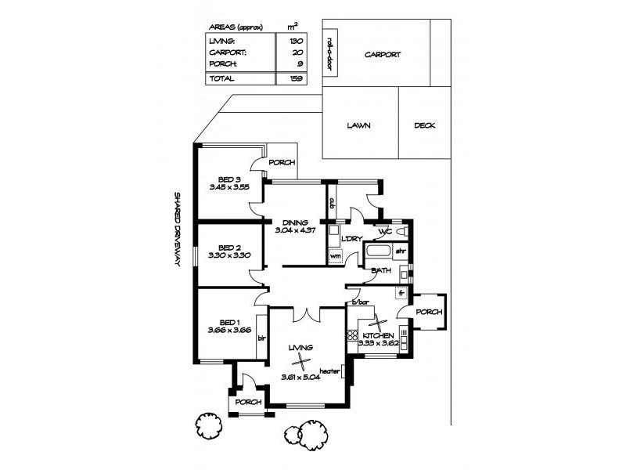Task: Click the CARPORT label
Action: click(x=383, y=55)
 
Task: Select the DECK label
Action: click(x=425, y=125)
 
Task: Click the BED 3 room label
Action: click(x=229, y=179)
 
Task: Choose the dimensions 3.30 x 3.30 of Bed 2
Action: click(x=229, y=255)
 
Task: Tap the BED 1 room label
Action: click(x=229, y=322)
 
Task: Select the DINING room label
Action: click(x=295, y=222)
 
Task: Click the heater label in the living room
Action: click(x=329, y=372)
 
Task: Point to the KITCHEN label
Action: click(x=378, y=334)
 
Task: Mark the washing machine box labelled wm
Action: click(x=336, y=255)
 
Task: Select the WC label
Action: click(x=384, y=233)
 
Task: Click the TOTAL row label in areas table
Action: click(x=221, y=78)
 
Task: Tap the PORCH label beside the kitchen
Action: click(x=429, y=312)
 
